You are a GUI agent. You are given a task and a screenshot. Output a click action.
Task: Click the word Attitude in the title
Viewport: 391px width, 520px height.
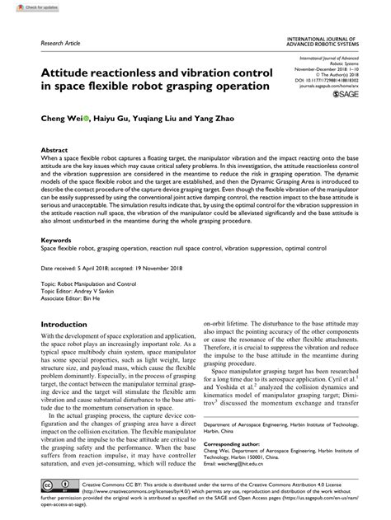(x=58, y=72)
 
